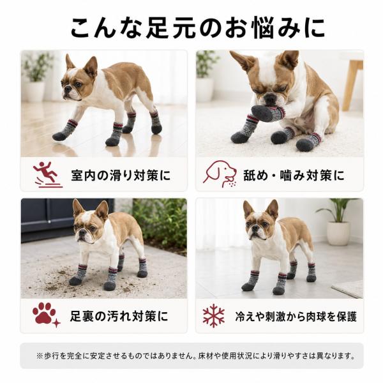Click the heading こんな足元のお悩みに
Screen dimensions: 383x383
197,27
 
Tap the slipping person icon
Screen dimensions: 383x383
47,175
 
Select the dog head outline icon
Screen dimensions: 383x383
220,174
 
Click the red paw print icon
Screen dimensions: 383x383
46,315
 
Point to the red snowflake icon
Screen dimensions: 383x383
213,315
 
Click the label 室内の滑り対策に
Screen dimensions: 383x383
121,176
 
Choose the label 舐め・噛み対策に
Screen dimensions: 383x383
294,176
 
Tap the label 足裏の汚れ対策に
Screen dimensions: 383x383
119,316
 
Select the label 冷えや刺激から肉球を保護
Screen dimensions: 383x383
296,317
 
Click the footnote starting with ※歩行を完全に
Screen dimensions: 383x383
195,356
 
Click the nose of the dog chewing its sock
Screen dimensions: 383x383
270,99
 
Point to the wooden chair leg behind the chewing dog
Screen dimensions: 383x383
352,86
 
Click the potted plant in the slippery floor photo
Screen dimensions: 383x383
36,76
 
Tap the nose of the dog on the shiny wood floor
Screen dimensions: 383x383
66,89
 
